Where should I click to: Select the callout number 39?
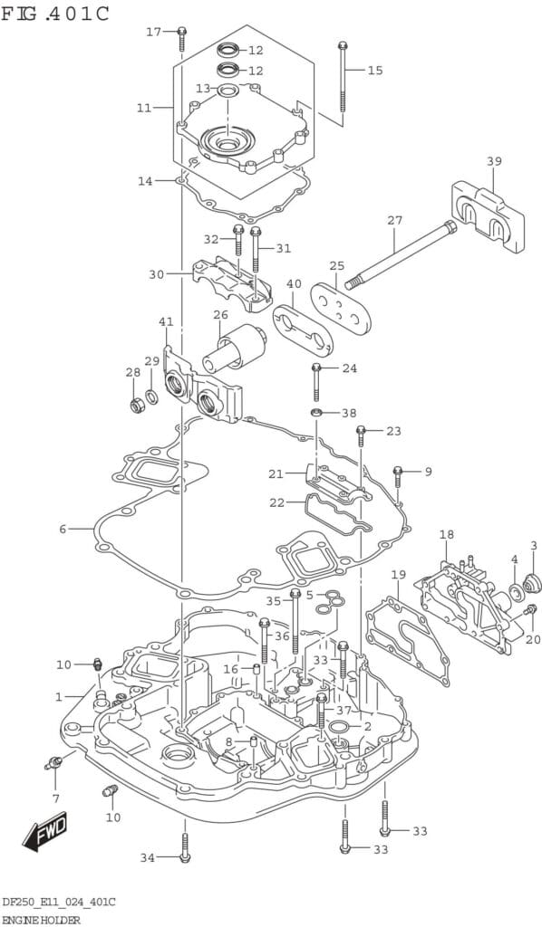(x=494, y=161)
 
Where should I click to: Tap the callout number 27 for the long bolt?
(x=394, y=220)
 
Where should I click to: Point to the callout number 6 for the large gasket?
(x=63, y=529)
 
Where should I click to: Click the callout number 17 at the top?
(x=155, y=32)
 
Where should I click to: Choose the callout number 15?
(x=375, y=70)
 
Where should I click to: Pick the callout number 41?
(x=166, y=321)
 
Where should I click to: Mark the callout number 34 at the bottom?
(x=148, y=857)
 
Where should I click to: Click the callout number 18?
(x=447, y=535)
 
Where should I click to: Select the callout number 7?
(x=55, y=798)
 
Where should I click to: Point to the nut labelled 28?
(x=136, y=405)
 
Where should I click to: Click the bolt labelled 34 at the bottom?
(x=185, y=846)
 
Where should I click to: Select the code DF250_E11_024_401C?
(x=57, y=903)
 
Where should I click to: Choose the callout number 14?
(x=145, y=181)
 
